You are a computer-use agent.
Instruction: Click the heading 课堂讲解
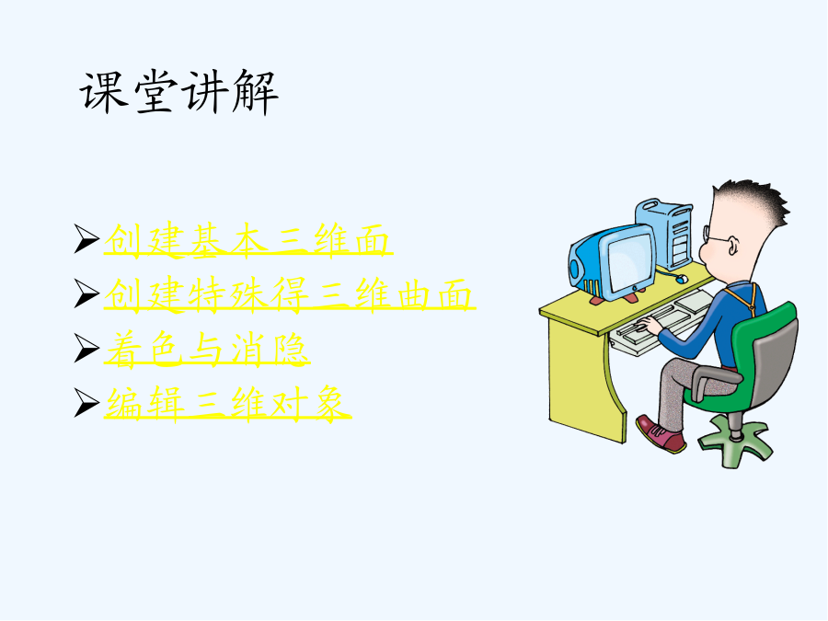(179, 92)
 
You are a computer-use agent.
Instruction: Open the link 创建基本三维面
(247, 240)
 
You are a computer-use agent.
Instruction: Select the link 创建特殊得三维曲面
(289, 294)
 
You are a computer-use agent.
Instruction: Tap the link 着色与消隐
(206, 349)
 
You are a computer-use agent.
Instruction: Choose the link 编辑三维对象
(227, 404)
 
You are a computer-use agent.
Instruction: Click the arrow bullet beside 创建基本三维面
(86, 238)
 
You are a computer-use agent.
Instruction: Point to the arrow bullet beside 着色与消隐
(86, 348)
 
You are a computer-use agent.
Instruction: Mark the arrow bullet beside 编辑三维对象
(86, 403)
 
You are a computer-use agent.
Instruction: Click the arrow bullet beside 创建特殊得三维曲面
(86, 293)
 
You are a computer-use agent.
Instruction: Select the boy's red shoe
(660, 433)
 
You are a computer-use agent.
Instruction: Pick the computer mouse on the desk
(681, 278)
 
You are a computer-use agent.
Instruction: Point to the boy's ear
(733, 246)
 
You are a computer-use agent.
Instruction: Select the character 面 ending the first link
(373, 240)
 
